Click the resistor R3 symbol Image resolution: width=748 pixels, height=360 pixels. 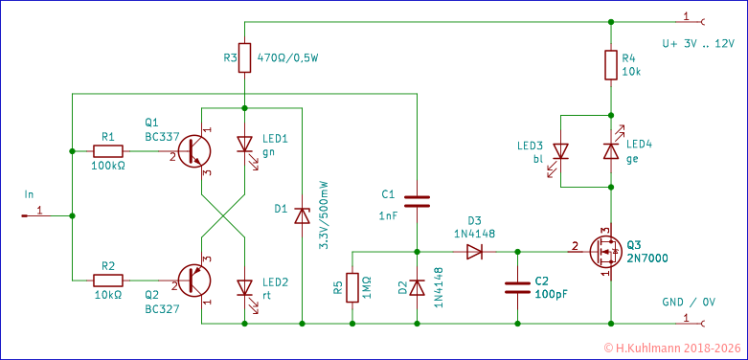coord(245,57)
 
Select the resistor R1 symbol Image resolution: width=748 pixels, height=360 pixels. coord(107,150)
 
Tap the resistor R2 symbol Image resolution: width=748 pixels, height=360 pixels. coord(107,280)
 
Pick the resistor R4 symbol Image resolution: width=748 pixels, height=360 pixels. coord(609,65)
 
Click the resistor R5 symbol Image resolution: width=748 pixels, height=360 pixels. coord(352,286)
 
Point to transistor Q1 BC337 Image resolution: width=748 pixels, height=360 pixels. coord(195,150)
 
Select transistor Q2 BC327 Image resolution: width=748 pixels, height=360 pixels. coord(195,280)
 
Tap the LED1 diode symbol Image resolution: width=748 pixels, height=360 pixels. coord(245,146)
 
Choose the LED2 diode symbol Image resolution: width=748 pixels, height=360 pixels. coord(245,286)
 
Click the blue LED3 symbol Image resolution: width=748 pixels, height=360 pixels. coord(561,150)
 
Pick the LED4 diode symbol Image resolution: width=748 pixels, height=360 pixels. coord(609,150)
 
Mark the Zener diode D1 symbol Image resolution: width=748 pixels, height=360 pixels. coord(302,215)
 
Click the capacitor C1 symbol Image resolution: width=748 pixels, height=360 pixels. coord(417,201)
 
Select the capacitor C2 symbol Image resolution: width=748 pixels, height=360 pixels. coord(517,286)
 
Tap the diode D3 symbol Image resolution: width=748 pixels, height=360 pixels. coord(474,252)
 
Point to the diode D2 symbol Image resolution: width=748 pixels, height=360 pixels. coord(417,286)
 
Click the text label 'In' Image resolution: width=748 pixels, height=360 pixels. coord(29,194)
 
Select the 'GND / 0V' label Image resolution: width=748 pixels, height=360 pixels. coord(688,302)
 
